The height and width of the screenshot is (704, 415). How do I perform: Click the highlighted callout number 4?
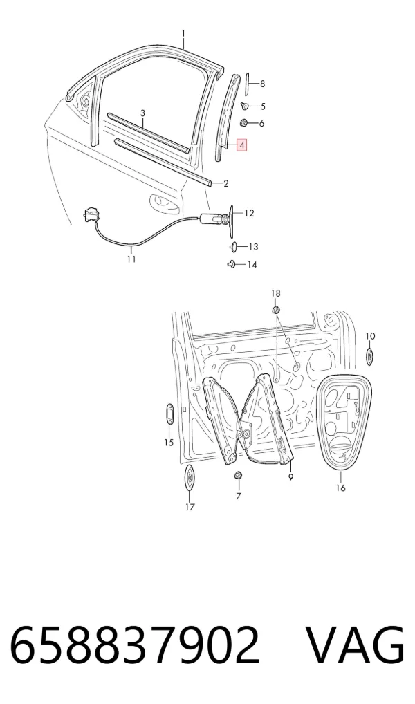pyautogui.click(x=242, y=145)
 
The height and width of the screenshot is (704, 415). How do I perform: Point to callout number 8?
pyautogui.click(x=262, y=84)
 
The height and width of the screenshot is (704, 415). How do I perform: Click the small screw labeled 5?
pyautogui.click(x=246, y=106)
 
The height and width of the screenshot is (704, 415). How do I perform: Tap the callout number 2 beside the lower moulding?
pyautogui.click(x=226, y=183)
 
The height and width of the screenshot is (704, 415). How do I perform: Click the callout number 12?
pyautogui.click(x=249, y=213)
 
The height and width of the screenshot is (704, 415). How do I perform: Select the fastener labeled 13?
pyautogui.click(x=234, y=246)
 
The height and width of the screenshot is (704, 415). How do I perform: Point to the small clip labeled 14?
pyautogui.click(x=232, y=264)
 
